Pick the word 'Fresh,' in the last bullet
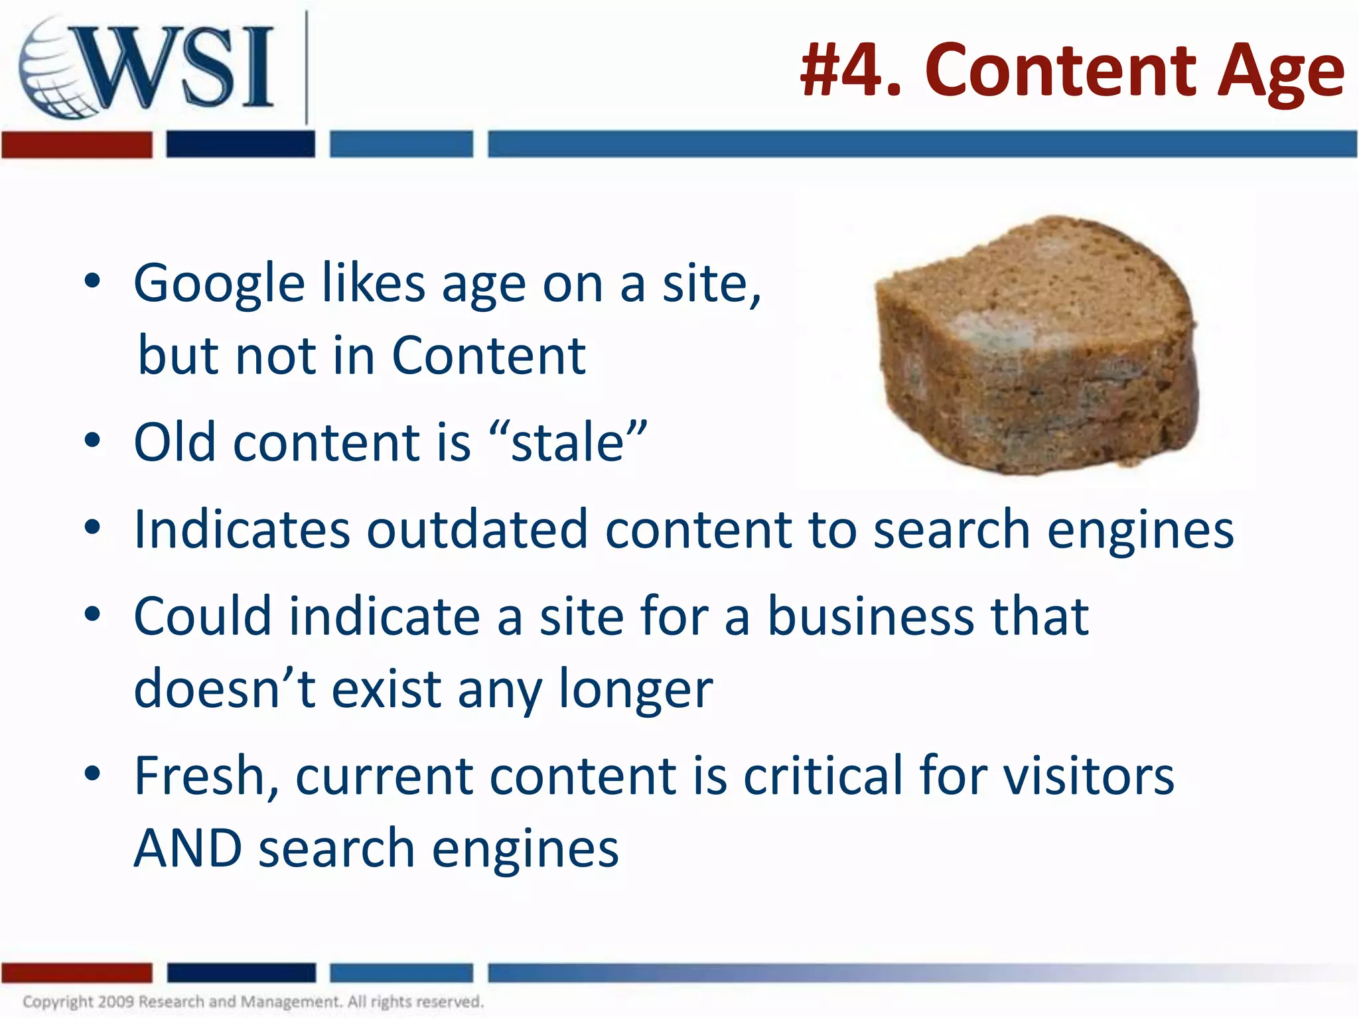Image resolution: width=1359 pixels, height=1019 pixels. tap(206, 776)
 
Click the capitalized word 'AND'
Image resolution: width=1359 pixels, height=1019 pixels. tap(188, 849)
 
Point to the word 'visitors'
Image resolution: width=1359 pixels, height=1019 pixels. tap(1088, 776)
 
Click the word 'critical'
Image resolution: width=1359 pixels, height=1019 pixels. tap(823, 776)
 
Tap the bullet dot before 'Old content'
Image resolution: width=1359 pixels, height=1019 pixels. tap(92, 441)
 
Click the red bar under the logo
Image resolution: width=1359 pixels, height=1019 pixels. tap(77, 145)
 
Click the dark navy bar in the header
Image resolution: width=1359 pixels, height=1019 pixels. tap(240, 145)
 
